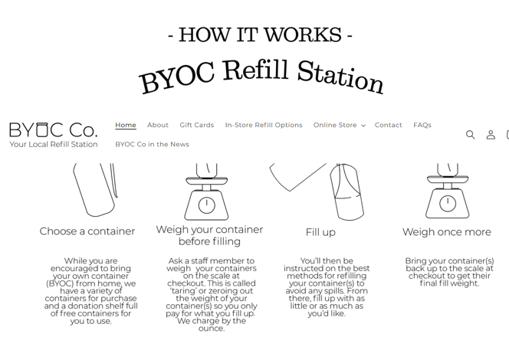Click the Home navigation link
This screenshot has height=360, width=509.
(126, 125)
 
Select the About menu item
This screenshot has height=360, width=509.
(158, 125)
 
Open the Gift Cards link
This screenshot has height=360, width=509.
(197, 125)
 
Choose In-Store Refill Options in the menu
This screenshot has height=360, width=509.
(264, 125)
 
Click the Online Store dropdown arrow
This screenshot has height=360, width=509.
(363, 126)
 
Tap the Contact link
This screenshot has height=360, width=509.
(388, 125)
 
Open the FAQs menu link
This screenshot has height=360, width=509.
(422, 125)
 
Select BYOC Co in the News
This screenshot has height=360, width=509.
(152, 144)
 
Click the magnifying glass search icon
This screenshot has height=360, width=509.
(471, 135)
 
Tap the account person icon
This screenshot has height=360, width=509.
(491, 135)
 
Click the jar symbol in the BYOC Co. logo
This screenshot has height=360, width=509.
(42, 129)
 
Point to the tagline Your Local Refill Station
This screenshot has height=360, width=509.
(54, 144)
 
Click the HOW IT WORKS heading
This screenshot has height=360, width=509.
(261, 34)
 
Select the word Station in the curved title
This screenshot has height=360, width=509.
(340, 78)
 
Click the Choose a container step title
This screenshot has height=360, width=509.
(87, 231)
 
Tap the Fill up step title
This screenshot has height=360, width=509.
(320, 232)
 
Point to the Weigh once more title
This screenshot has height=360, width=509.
(447, 232)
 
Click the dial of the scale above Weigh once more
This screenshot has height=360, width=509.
(448, 204)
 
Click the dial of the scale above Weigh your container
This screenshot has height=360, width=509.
(206, 205)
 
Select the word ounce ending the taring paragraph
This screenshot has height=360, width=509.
(212, 329)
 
